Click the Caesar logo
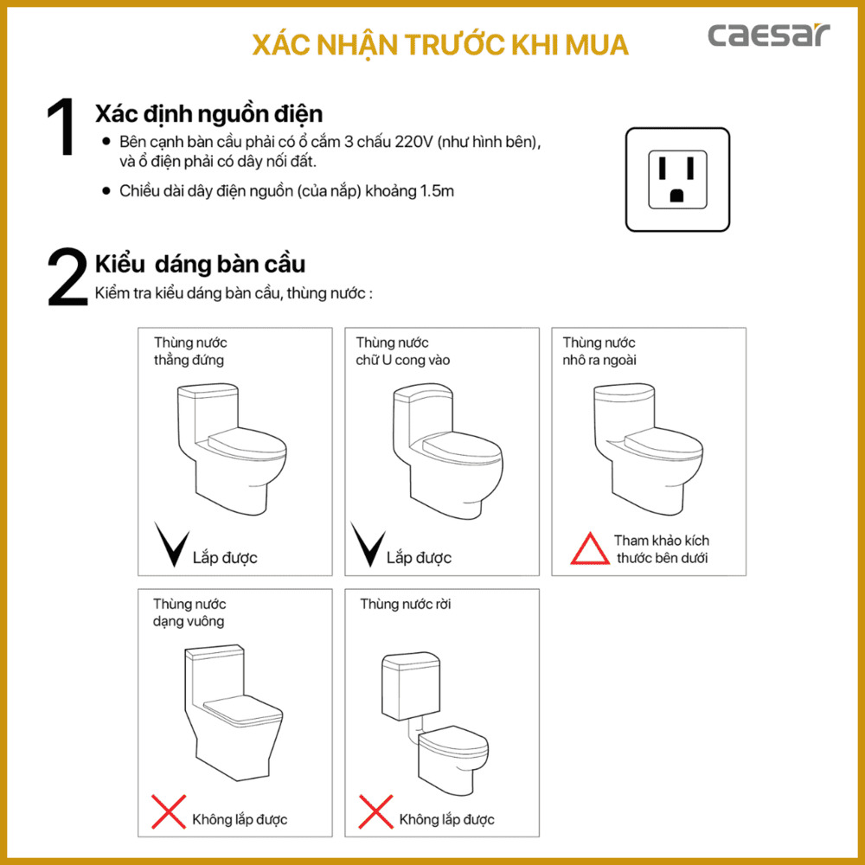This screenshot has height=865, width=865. point(768,36)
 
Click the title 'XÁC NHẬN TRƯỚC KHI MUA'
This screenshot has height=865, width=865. point(440,45)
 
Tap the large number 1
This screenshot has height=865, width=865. point(61,129)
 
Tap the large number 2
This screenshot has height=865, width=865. point(67,279)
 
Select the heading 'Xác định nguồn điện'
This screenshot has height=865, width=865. point(208,114)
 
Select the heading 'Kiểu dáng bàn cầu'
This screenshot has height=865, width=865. point(200,264)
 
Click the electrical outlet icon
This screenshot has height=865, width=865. point(677,180)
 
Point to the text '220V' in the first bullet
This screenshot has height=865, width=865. point(413,142)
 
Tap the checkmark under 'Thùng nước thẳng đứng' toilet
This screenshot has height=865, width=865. point(171,545)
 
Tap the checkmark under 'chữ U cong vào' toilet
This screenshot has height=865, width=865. point(370,545)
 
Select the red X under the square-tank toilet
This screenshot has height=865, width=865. point(169,812)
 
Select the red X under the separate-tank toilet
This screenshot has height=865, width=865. point(375,812)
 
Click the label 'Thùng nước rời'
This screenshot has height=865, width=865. point(406,604)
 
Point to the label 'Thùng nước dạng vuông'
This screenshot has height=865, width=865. point(190,612)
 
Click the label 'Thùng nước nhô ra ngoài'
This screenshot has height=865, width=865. point(599,351)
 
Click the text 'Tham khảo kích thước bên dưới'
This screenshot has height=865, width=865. point(662,549)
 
